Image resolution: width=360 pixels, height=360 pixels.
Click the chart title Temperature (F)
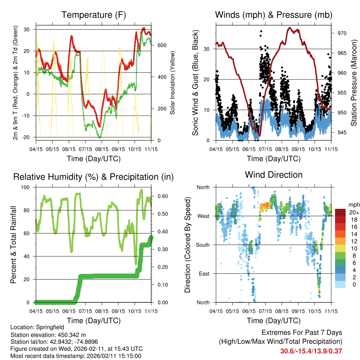tap(94, 15)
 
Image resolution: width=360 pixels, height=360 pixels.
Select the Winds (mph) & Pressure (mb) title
tap(274, 15)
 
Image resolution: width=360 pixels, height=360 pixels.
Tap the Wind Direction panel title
tap(274, 174)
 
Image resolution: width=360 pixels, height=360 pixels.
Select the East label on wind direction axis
tap(203, 274)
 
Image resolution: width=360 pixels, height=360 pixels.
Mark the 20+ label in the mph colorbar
tap(354, 212)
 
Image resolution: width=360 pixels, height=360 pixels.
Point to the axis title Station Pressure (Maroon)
tap(354, 83)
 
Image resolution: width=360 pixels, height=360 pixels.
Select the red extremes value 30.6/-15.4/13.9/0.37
tap(311, 351)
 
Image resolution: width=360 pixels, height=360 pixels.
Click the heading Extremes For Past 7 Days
tap(302, 333)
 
